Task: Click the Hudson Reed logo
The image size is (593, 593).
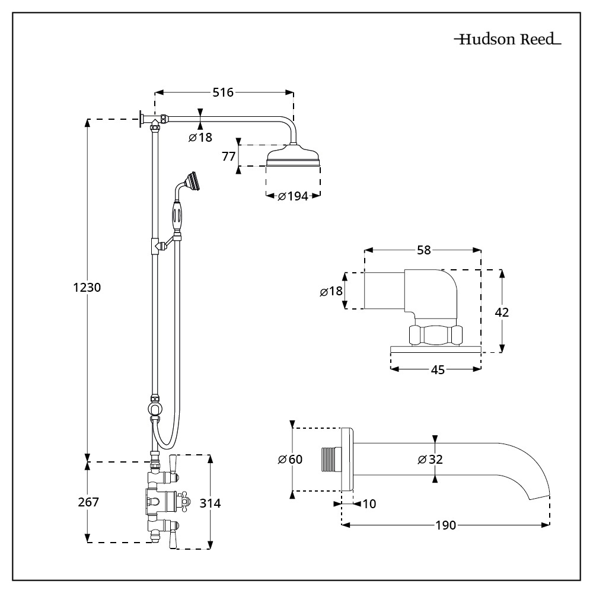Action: (x=508, y=40)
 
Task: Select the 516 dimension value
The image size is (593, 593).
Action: (x=223, y=92)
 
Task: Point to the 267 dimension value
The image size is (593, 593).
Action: (x=88, y=502)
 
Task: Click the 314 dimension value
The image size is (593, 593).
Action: (x=211, y=503)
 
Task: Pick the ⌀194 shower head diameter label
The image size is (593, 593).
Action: (x=293, y=196)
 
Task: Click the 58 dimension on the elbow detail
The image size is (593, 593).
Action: (x=423, y=250)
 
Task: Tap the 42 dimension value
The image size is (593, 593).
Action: (x=502, y=312)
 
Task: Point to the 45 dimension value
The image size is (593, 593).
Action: (x=437, y=370)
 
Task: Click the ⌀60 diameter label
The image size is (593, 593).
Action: (x=290, y=460)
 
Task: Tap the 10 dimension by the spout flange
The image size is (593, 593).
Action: (x=368, y=504)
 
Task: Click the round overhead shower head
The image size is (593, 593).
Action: (x=294, y=157)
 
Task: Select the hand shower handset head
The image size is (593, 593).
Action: (x=191, y=180)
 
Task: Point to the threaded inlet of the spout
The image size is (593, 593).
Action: (x=330, y=460)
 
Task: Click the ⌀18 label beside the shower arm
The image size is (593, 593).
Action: (x=200, y=138)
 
